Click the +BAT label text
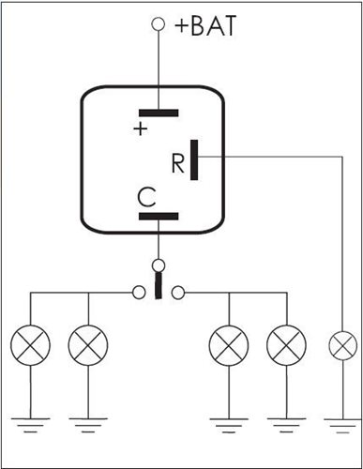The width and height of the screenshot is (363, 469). click(205, 25)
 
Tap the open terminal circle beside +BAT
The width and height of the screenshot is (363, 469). click(159, 24)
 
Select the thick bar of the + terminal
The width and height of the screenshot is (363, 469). click(159, 113)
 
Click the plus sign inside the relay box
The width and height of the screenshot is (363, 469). click(141, 129)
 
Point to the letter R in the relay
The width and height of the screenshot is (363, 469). click(178, 163)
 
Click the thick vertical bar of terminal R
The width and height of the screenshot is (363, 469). click(194, 159)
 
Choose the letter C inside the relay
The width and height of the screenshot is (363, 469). click(146, 198)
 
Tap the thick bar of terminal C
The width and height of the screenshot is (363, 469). click(159, 216)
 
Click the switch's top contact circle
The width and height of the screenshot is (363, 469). click(159, 265)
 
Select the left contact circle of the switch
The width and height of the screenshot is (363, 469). click(139, 293)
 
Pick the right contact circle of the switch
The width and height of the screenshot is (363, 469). click(178, 293)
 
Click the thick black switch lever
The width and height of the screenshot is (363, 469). click(159, 285)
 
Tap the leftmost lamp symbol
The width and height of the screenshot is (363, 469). click(30, 345)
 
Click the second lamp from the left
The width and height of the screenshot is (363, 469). click(88, 345)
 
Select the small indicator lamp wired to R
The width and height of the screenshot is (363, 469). click(343, 345)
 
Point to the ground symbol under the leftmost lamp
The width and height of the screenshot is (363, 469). click(30, 425)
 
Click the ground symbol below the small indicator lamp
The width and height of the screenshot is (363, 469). click(343, 426)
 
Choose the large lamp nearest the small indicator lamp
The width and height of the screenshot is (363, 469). click(286, 345)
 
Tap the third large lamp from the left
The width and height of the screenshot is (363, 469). click(229, 345)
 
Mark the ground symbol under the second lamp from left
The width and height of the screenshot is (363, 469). click(88, 425)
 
